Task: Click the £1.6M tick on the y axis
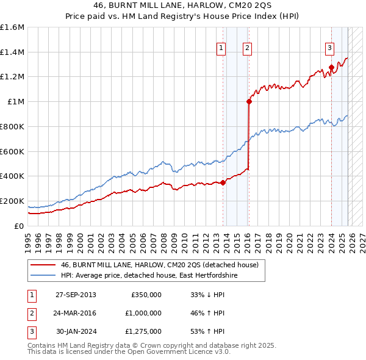point(12,27)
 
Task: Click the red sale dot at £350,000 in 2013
point(223,182)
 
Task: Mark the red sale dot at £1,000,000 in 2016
point(249,102)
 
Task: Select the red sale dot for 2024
point(331,68)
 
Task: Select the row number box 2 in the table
point(30,313)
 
